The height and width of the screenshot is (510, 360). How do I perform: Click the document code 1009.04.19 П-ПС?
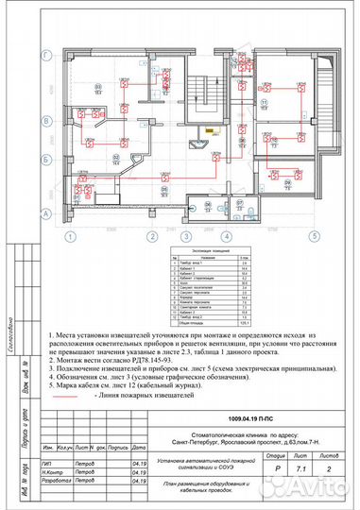(248, 389)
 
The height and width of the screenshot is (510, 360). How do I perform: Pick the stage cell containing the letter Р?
(277, 453)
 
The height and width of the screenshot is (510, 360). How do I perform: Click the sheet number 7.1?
(303, 453)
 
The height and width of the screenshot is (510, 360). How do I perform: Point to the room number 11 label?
(266, 103)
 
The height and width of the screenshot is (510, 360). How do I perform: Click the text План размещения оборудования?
(227, 484)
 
